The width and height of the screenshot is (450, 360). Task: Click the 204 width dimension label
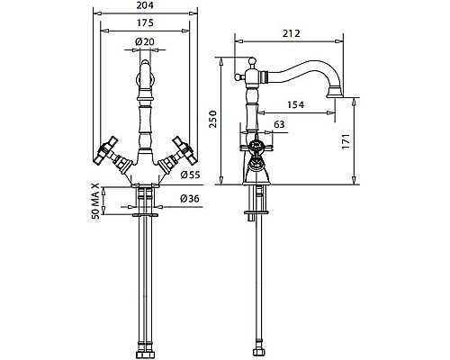[145, 5]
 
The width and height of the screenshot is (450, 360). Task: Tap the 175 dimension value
[145, 22]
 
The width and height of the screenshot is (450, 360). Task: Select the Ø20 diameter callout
[145, 41]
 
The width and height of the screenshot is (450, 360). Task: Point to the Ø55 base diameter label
[190, 175]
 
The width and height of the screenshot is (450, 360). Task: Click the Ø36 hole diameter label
[190, 198]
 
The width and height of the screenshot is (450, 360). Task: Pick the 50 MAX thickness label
[95, 201]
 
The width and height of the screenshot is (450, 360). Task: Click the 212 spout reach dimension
[292, 33]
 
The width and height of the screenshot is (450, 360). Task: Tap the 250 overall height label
[212, 119]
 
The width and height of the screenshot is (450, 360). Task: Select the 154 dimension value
[295, 104]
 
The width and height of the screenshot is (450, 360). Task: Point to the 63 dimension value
[279, 124]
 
